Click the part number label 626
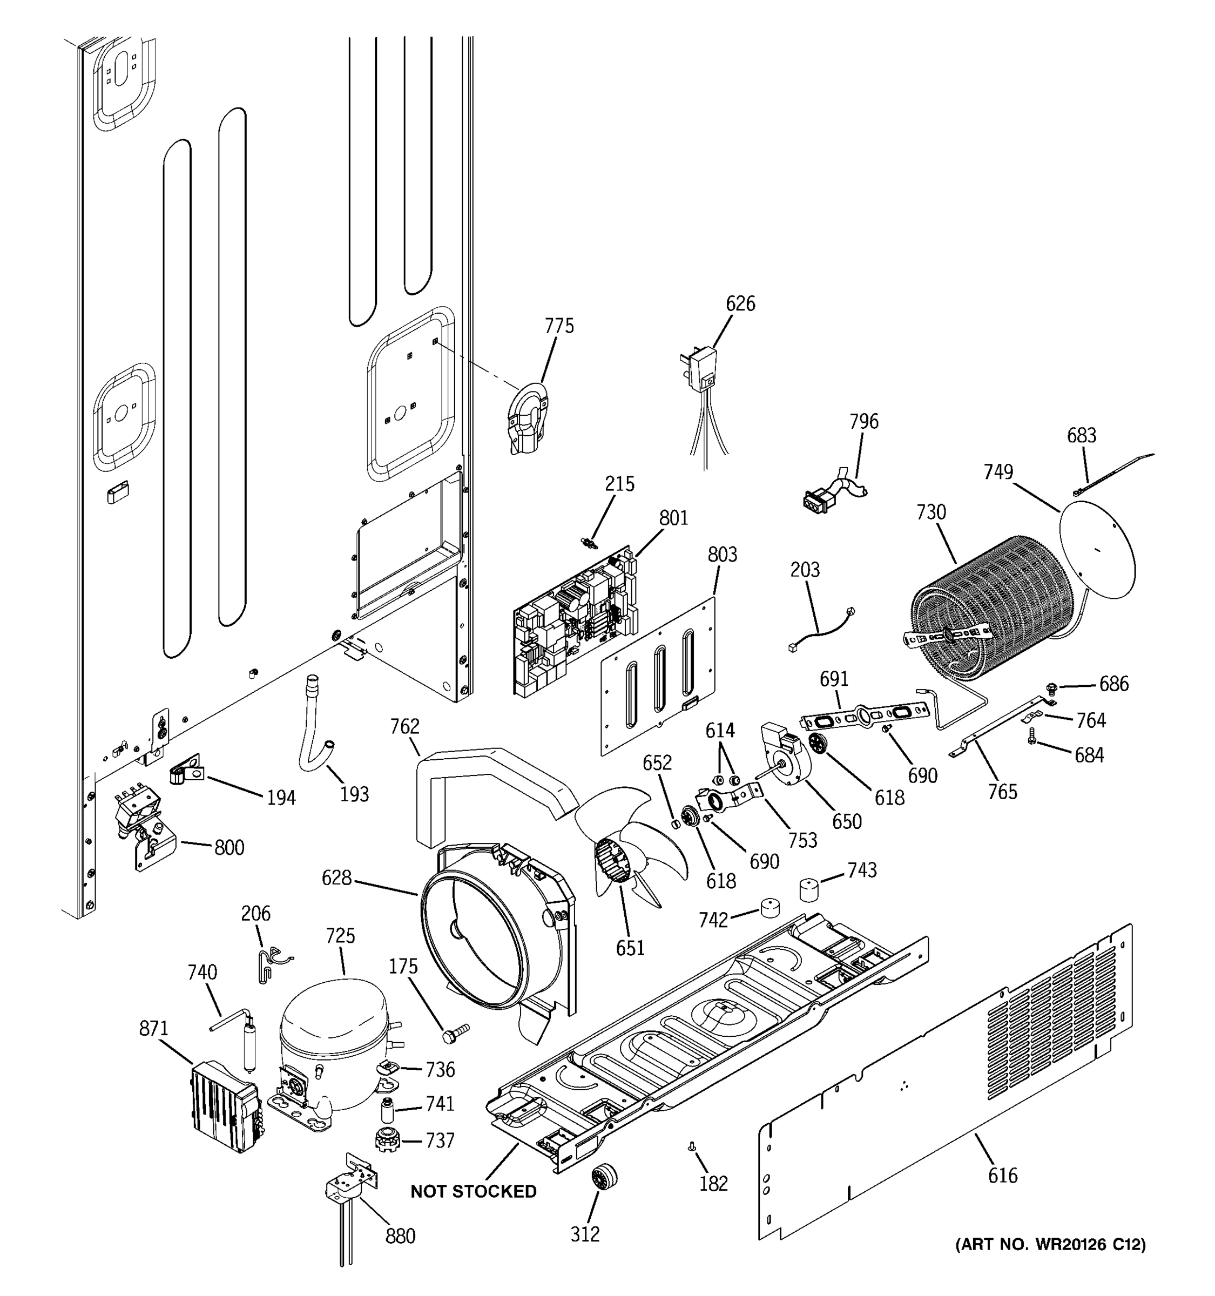click(x=740, y=304)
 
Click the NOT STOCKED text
click(x=473, y=1191)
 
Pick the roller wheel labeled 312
click(x=604, y=1177)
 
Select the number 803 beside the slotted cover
click(x=721, y=555)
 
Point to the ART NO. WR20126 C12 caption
click(x=1050, y=1245)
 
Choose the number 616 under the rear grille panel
click(x=1002, y=1176)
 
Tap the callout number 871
click(x=153, y=1029)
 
